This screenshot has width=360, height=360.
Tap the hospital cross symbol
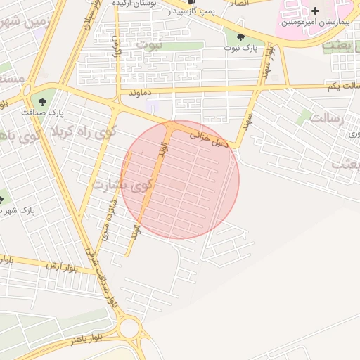coord(315,11)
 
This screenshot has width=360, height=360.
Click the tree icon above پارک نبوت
coord(241,37)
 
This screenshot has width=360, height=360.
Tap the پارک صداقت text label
coord(51,112)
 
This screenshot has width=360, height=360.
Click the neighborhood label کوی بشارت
coord(121,186)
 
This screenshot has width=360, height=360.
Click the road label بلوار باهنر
coord(86,338)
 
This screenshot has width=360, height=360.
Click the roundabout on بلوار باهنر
coord(130,327)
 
